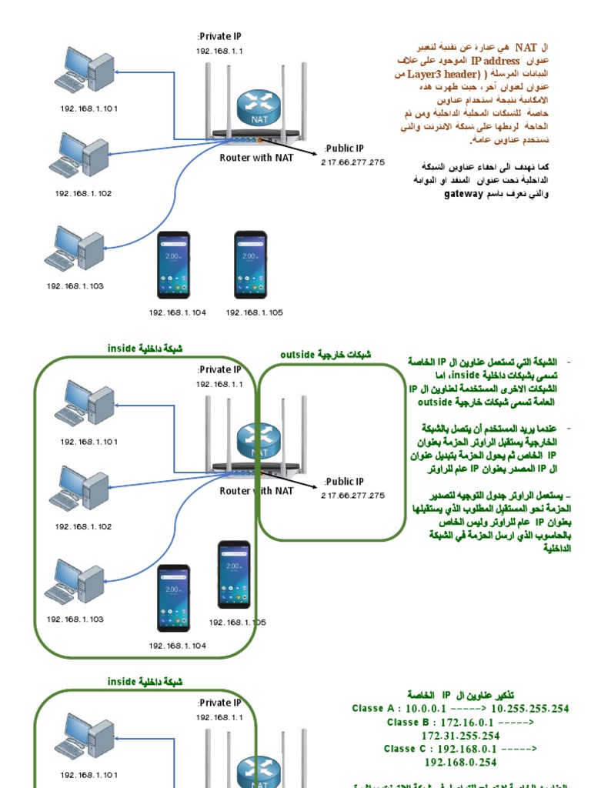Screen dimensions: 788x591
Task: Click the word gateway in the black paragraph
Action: tap(463, 194)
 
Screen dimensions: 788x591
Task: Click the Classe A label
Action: tap(377, 709)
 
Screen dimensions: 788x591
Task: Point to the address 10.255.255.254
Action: tap(529, 709)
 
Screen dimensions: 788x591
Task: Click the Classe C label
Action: tap(409, 749)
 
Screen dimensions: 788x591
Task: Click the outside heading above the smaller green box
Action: tap(299, 354)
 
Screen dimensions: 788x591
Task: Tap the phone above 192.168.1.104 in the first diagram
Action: tap(174, 265)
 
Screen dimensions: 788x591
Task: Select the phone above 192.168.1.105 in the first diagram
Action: tap(251, 265)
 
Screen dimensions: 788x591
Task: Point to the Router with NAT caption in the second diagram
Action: tap(257, 491)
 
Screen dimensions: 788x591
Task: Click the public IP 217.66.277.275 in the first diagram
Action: tap(352, 162)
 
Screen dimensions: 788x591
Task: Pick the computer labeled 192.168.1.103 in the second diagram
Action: tap(74, 582)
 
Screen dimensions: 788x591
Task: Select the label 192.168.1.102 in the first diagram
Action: tap(83, 193)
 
